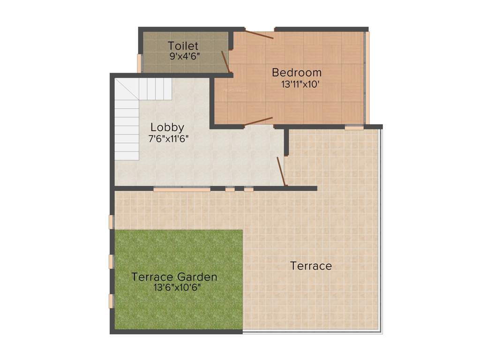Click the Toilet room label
(183, 46)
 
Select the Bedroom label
(297, 73)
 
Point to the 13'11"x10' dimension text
(300, 85)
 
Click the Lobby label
(167, 127)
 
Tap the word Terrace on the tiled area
(311, 266)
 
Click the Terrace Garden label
(174, 277)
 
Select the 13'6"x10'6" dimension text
(177, 288)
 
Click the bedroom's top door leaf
(259, 35)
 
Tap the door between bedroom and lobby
(258, 121)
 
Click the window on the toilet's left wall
(139, 63)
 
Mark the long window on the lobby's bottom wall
(181, 189)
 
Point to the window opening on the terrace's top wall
(354, 127)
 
